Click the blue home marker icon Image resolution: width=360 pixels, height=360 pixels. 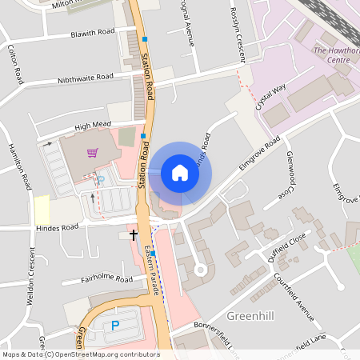[x=180, y=173]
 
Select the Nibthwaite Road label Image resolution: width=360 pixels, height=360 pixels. [x=86, y=79]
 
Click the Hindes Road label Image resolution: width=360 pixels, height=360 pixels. [x=57, y=227]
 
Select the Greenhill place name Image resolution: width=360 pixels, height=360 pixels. [x=250, y=316]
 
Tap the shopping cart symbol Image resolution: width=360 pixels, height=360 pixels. [x=93, y=152]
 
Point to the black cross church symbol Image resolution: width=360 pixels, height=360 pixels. [x=133, y=234]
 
